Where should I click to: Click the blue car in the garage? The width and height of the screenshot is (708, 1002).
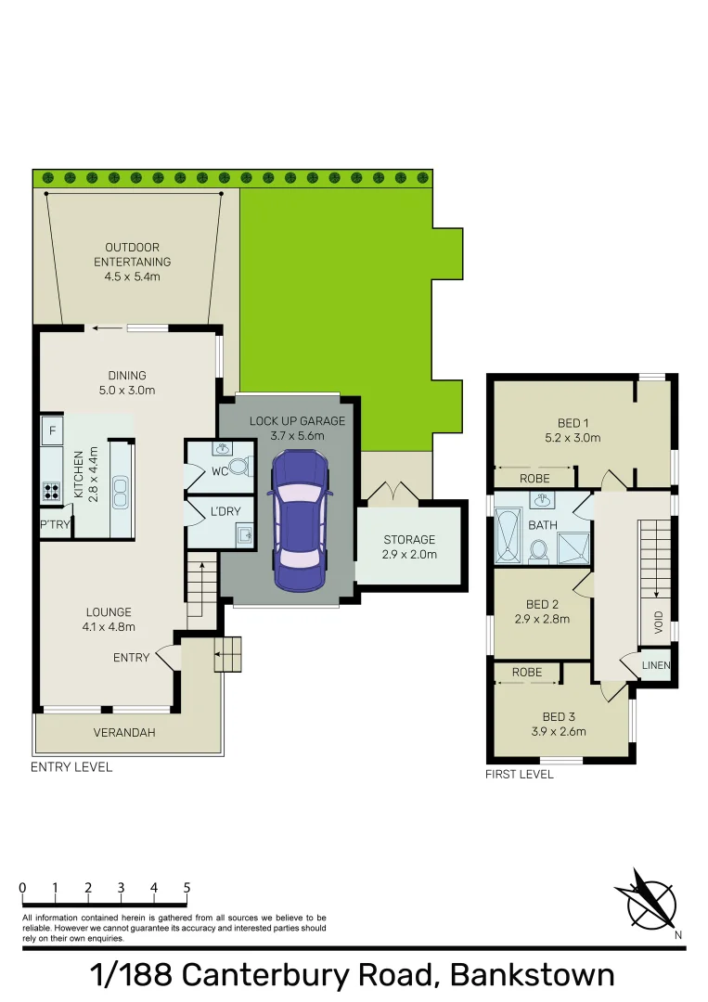click(299, 520)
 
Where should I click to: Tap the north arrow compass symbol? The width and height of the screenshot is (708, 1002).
click(646, 899)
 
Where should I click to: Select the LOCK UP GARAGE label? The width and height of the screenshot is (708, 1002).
click(297, 420)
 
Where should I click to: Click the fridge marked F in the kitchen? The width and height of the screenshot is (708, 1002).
click(52, 430)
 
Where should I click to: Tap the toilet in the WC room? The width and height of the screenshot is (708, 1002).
click(239, 467)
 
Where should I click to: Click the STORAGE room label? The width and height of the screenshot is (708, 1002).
click(409, 539)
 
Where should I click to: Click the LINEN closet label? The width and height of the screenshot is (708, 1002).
click(656, 666)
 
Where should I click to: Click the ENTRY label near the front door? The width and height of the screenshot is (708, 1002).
click(131, 658)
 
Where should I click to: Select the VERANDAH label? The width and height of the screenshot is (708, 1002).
click(124, 732)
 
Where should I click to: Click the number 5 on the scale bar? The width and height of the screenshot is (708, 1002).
click(187, 888)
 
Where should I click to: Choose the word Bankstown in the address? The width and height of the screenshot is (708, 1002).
click(532, 975)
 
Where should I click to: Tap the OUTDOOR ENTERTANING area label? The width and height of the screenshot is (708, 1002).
click(132, 254)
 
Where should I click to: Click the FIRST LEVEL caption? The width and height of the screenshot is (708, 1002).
click(519, 774)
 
